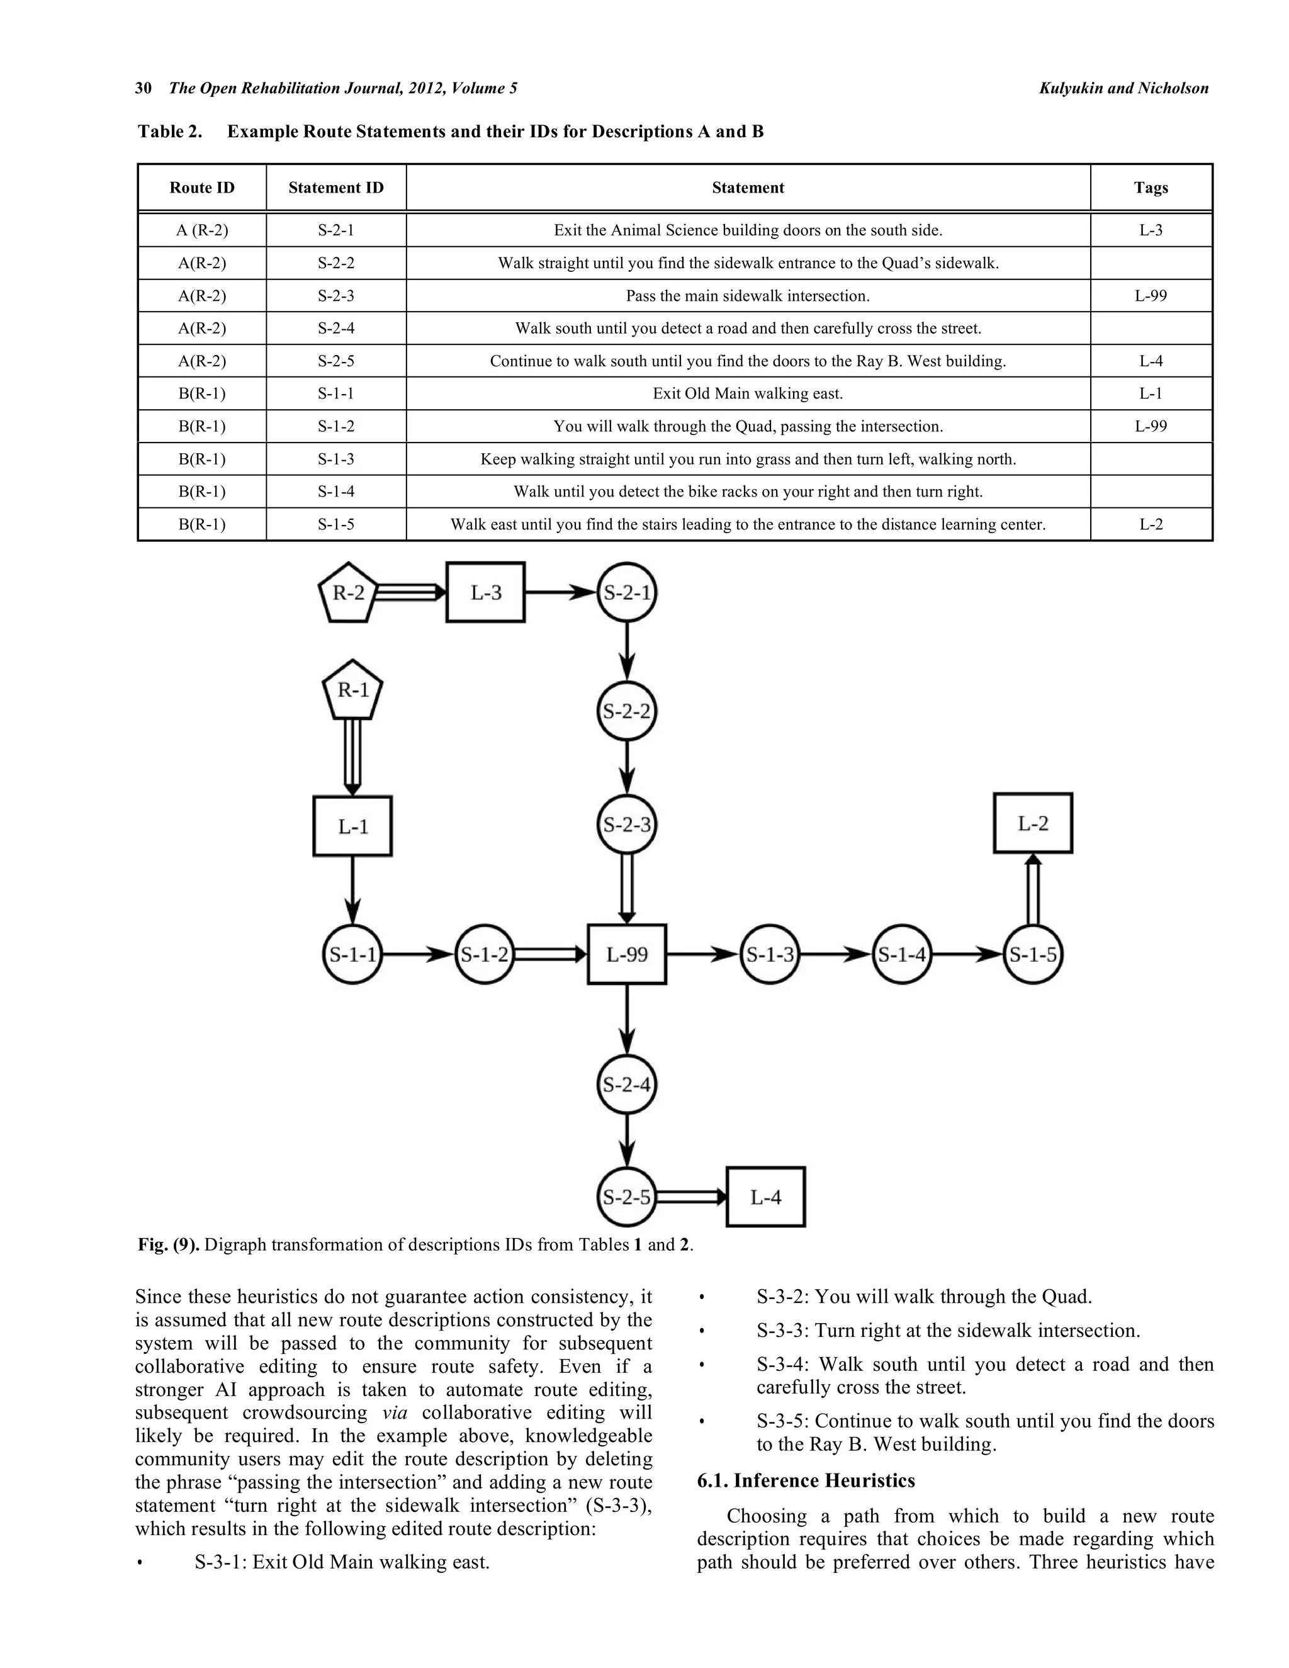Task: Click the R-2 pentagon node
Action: [x=348, y=594]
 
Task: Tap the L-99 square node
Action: [x=627, y=954]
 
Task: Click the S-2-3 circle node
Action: [x=627, y=824]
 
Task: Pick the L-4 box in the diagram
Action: [x=765, y=1197]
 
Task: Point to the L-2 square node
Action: [x=1032, y=823]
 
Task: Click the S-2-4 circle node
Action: [x=627, y=1085]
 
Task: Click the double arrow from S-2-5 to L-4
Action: [x=690, y=1197]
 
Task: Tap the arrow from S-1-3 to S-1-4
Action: [x=836, y=954]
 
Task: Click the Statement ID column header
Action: [x=336, y=188]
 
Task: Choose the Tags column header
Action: [x=1151, y=188]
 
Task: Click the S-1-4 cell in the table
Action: [x=336, y=492]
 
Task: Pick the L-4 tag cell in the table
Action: [x=1151, y=361]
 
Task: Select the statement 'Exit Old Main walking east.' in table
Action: [x=748, y=394]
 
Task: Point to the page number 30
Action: [x=144, y=89]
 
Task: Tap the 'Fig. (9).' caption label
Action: [x=169, y=1245]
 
